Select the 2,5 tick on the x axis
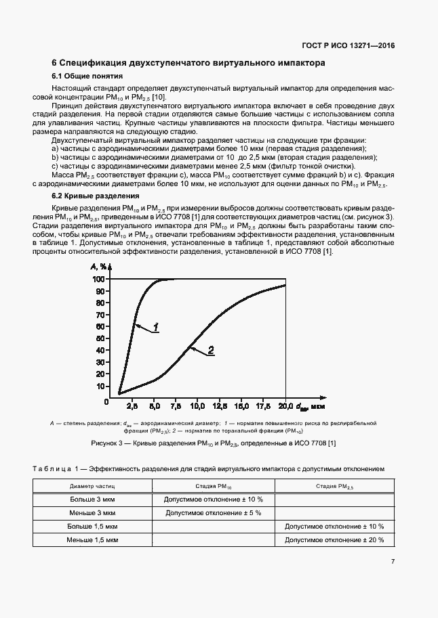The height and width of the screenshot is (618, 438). click(x=133, y=407)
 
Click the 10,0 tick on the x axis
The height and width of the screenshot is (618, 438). click(x=197, y=407)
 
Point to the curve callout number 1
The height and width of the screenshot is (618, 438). click(x=155, y=328)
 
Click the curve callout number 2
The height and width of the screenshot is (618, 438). click(x=211, y=350)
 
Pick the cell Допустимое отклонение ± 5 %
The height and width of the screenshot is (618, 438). click(x=214, y=512)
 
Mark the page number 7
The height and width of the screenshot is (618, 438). click(x=393, y=561)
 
